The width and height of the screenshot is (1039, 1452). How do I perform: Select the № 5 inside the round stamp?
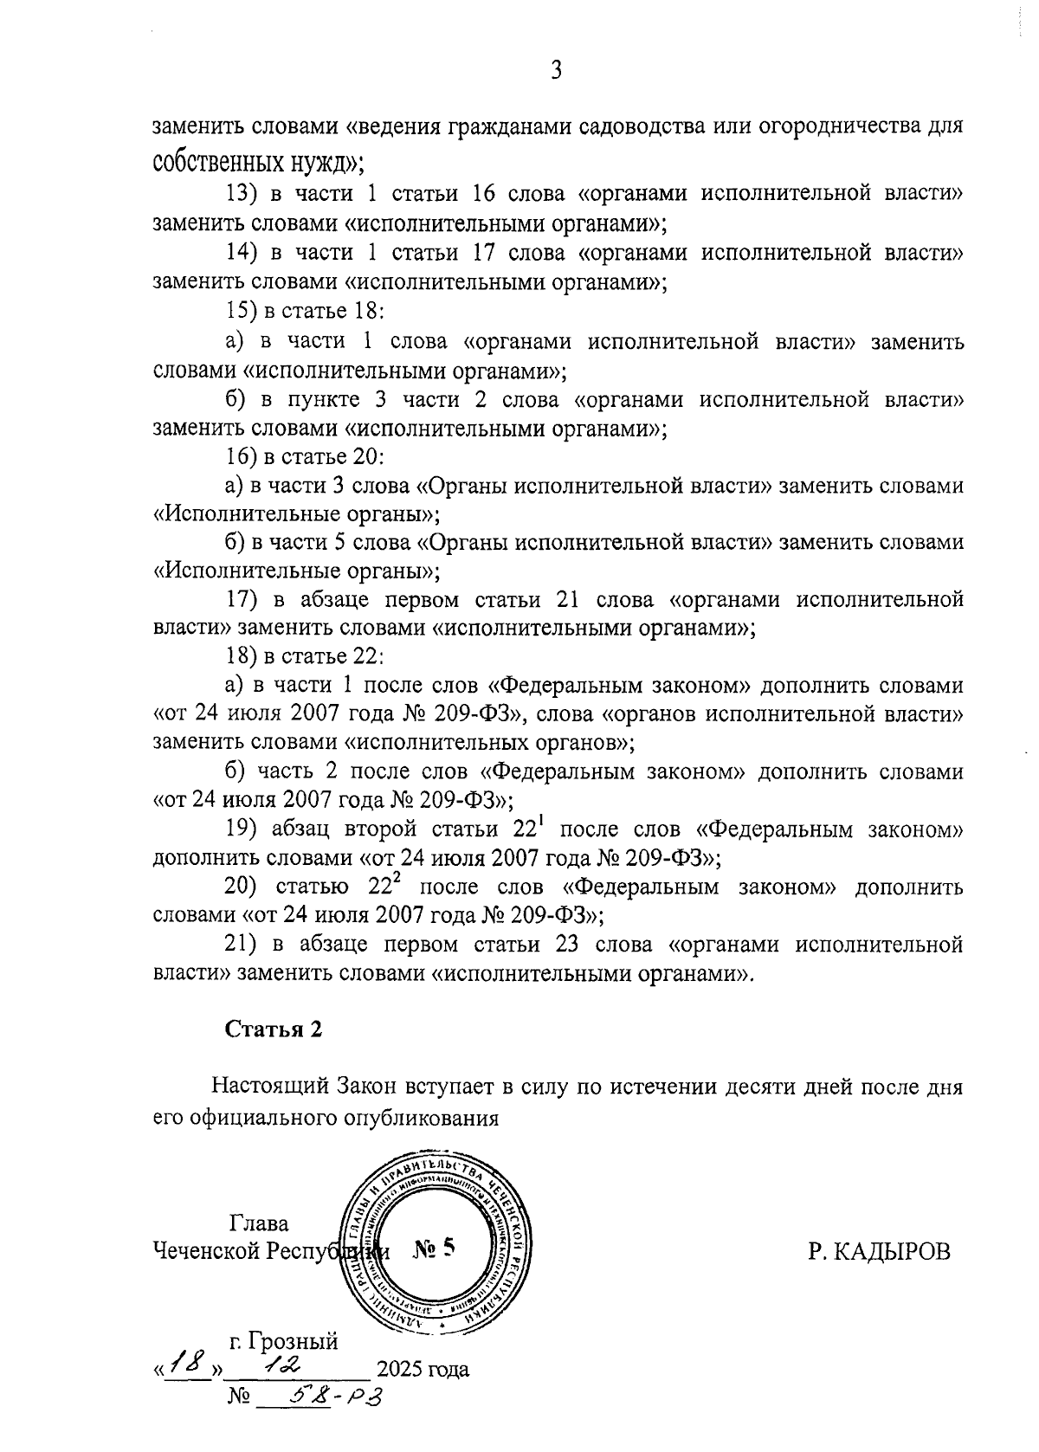pyautogui.click(x=434, y=1249)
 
